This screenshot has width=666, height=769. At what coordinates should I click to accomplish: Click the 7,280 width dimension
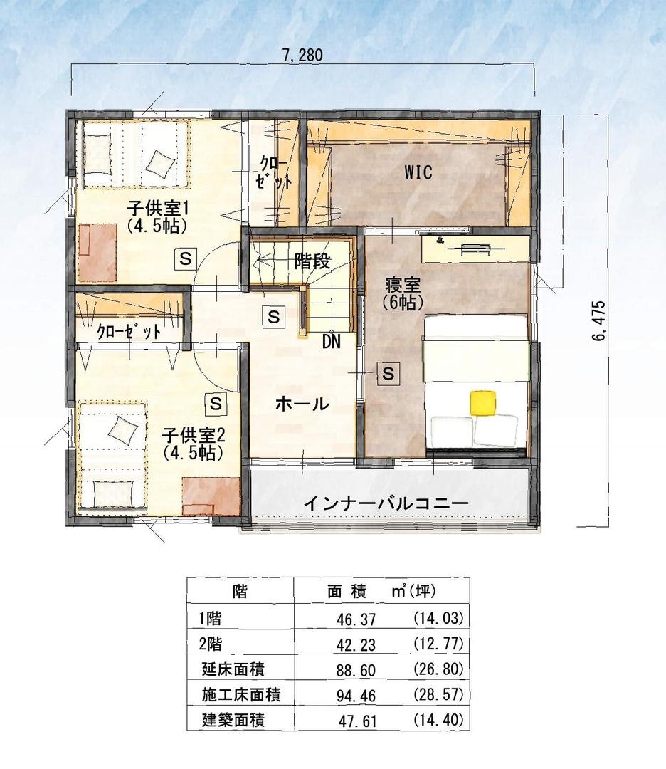click(x=303, y=55)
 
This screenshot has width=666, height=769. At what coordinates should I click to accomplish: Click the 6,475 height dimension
click(x=599, y=321)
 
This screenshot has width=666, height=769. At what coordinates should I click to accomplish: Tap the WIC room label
click(x=418, y=172)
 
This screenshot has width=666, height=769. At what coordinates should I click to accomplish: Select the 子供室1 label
click(x=158, y=209)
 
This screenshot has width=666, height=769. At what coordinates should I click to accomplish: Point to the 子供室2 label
click(x=194, y=434)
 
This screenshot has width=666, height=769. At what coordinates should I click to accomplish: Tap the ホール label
click(x=302, y=404)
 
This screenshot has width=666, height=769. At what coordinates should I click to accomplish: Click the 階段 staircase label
click(x=312, y=262)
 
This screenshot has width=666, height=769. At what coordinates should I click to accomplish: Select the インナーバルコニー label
click(x=386, y=503)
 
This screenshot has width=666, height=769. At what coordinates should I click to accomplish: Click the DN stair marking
click(x=332, y=342)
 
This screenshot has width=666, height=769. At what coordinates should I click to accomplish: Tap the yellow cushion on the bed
click(x=482, y=402)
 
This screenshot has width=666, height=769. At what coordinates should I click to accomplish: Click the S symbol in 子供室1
click(x=185, y=258)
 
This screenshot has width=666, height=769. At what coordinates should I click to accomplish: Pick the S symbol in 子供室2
click(x=216, y=403)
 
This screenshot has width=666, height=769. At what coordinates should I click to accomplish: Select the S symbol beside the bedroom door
click(x=388, y=374)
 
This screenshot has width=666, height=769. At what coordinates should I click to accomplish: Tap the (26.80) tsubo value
click(x=438, y=669)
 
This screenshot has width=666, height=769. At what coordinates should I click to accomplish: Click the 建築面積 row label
click(x=234, y=720)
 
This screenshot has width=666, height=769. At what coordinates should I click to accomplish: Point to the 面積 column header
click(x=347, y=592)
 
